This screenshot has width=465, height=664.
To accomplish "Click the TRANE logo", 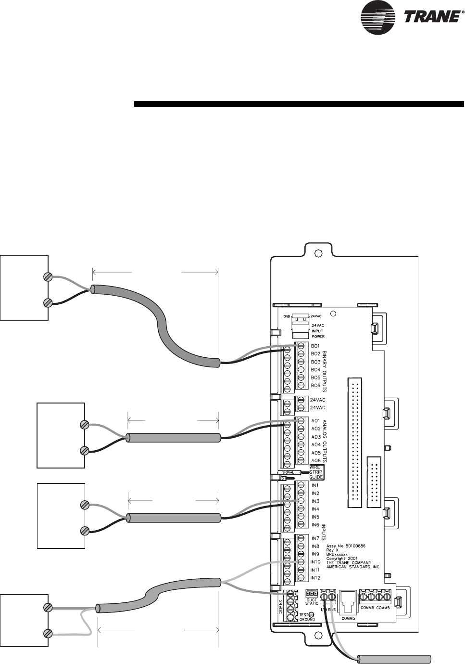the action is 411,18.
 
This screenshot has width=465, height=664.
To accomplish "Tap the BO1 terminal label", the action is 315,346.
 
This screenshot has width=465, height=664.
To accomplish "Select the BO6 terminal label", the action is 315,385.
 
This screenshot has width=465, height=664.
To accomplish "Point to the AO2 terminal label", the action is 316,429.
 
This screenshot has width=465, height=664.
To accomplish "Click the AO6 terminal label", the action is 316,461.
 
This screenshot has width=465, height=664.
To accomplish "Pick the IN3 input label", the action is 315,501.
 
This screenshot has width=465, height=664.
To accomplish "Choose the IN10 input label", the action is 315,562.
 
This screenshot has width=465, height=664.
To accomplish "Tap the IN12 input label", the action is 315,577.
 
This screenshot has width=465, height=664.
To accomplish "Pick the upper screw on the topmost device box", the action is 48,277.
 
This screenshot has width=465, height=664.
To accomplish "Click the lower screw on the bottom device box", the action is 48,633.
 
